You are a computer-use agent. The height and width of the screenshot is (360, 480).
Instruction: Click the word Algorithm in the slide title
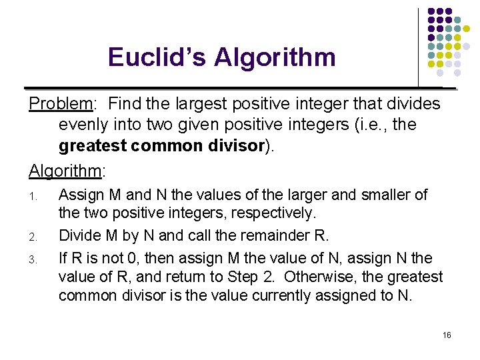click(x=275, y=57)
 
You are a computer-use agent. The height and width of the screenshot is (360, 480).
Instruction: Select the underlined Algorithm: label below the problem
click(x=65, y=171)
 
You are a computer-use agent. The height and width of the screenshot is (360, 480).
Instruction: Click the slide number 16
click(x=447, y=335)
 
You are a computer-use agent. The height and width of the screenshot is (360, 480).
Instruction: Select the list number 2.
click(x=33, y=236)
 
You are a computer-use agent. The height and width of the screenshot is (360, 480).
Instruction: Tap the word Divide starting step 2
click(x=80, y=235)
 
